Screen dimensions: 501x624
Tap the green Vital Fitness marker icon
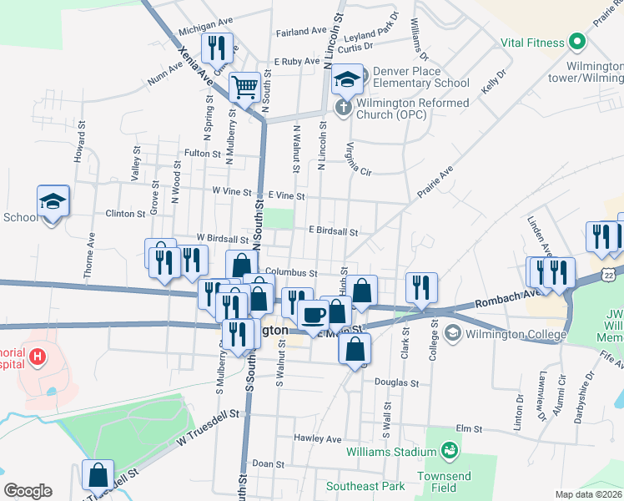pyautogui.click(x=576, y=42)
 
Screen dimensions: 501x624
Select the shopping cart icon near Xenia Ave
pyautogui.click(x=244, y=85)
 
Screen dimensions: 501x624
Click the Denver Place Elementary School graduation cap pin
pyautogui.click(x=347, y=78)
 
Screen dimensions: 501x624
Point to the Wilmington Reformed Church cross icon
pyautogui.click(x=343, y=107)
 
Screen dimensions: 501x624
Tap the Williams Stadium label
pyautogui.click(x=391, y=453)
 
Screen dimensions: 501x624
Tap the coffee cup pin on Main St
pyautogui.click(x=313, y=315)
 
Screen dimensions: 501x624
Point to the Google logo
pyautogui.click(x=28, y=491)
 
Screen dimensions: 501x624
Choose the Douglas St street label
pyautogui.click(x=396, y=383)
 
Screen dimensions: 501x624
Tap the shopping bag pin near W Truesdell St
pyautogui.click(x=98, y=474)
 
